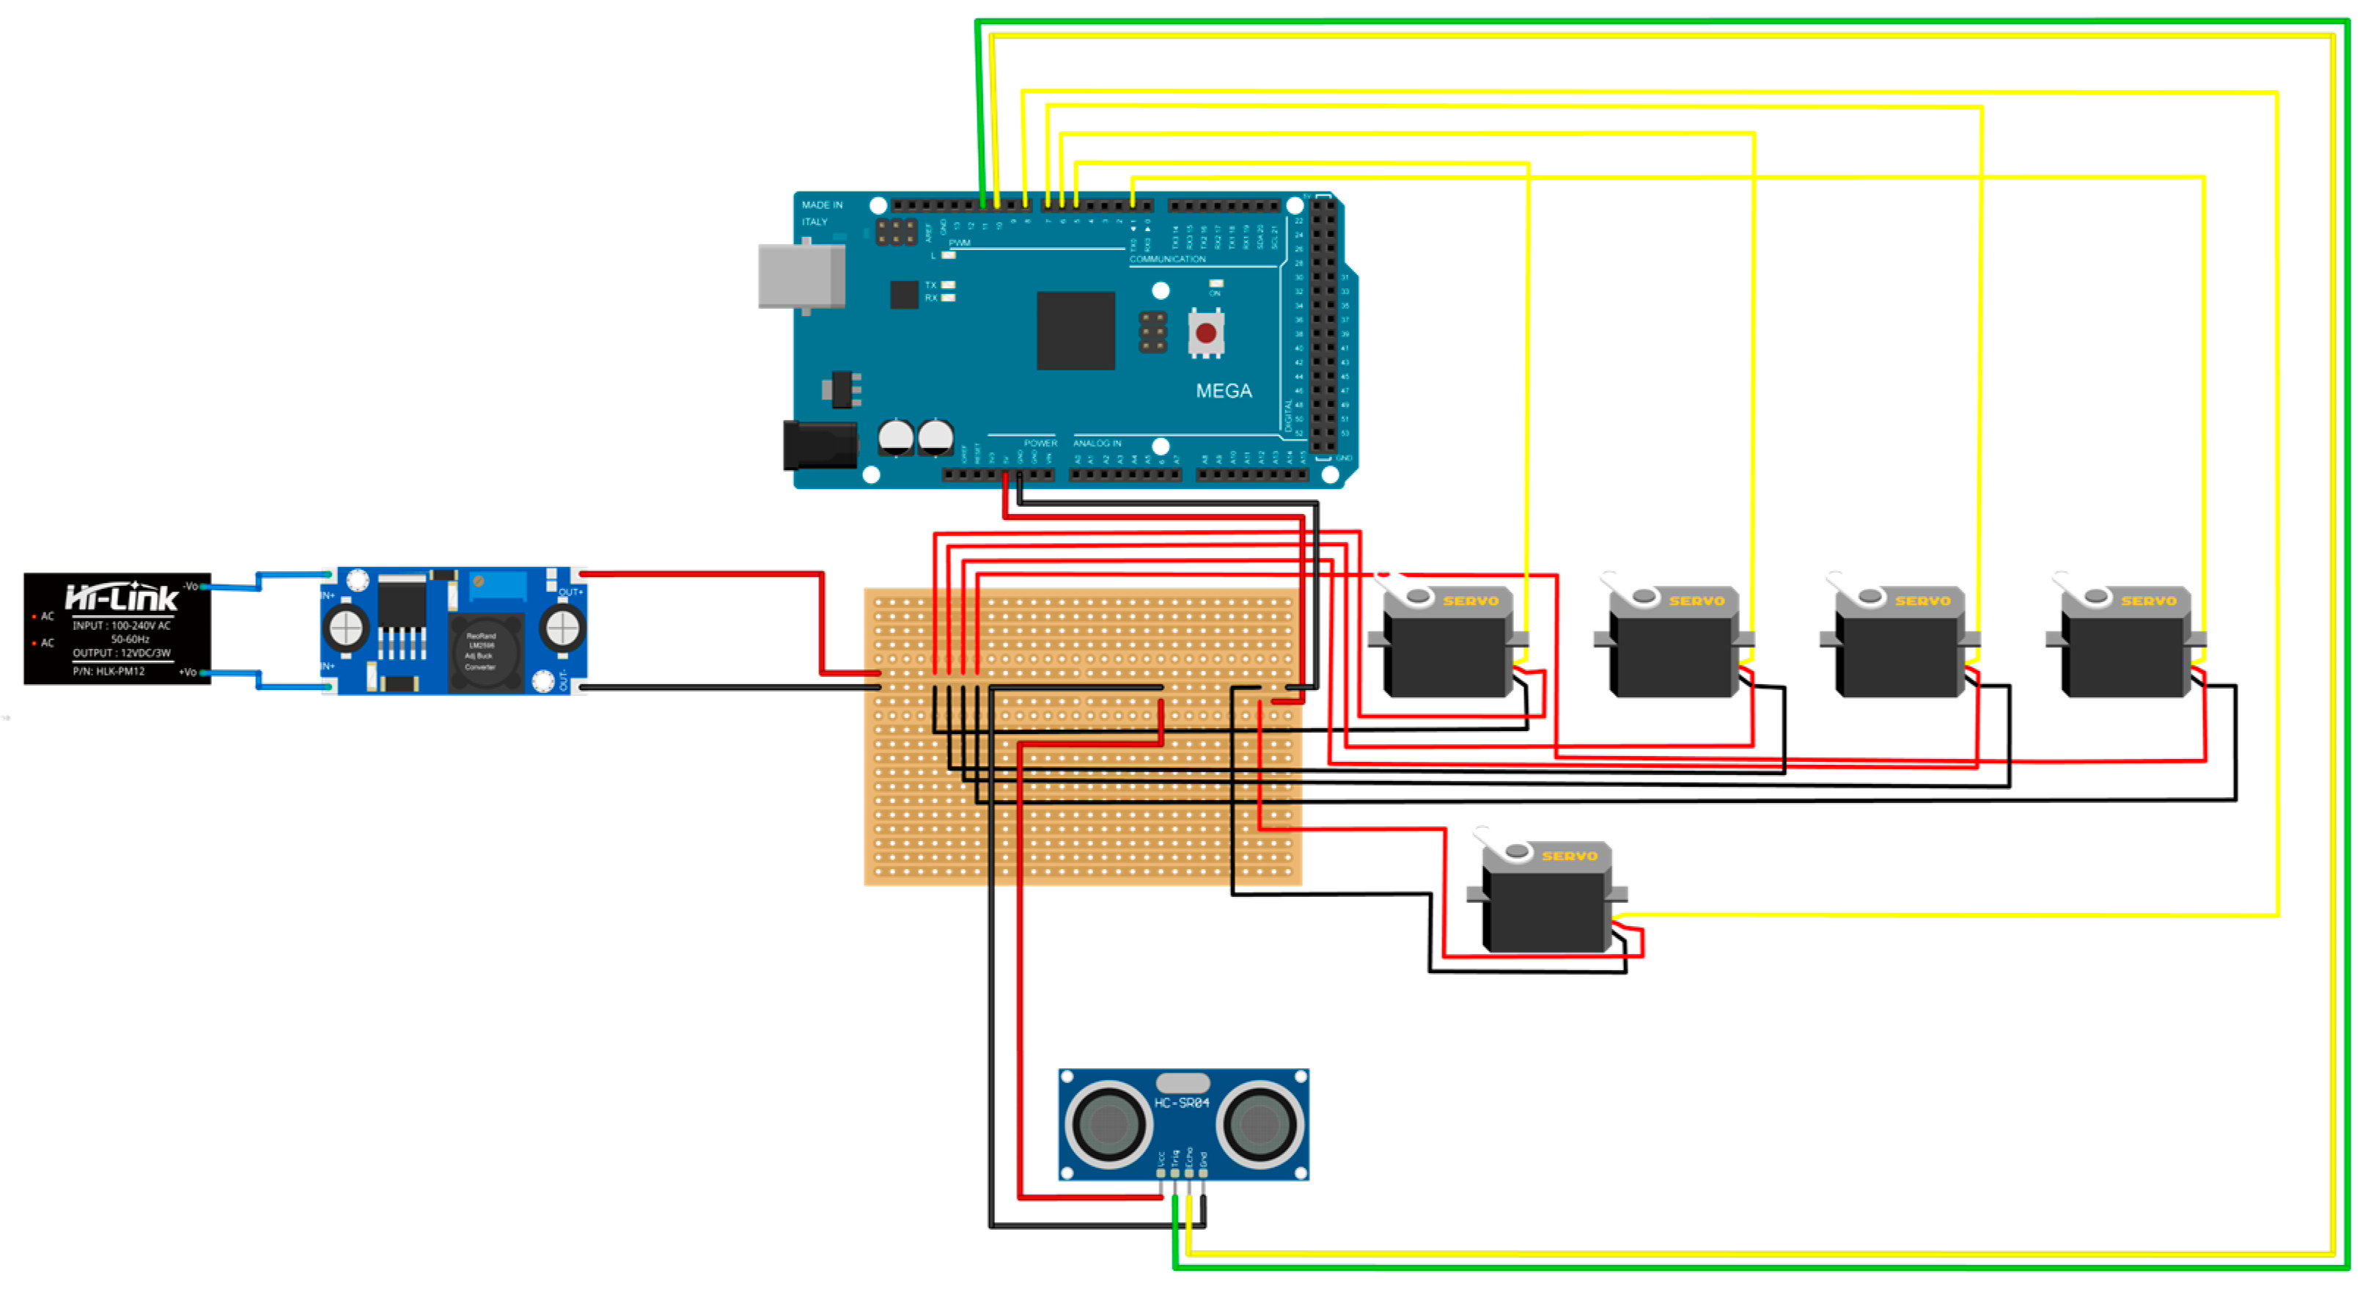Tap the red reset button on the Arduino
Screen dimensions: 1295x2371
(x=1206, y=333)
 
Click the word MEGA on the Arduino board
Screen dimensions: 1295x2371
(x=1223, y=391)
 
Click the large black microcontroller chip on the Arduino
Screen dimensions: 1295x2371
(x=1075, y=331)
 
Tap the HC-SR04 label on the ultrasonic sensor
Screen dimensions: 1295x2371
(x=1182, y=1103)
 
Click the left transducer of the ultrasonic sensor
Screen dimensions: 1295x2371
(x=1109, y=1124)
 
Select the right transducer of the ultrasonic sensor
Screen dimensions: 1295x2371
(x=1259, y=1124)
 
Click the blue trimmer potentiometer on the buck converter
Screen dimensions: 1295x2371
(x=497, y=584)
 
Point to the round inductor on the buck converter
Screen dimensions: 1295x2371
(x=482, y=650)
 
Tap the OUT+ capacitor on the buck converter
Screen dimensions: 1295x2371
(x=562, y=628)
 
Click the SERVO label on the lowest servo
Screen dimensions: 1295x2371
(x=1570, y=856)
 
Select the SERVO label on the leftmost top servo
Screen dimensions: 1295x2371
(x=1470, y=601)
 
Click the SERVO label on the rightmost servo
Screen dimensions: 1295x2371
(x=2148, y=601)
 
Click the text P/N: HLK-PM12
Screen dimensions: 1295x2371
(x=109, y=672)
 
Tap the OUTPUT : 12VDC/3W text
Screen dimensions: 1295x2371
(x=122, y=653)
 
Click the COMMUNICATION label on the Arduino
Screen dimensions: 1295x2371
(x=1167, y=260)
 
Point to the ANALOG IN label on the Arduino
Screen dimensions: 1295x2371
(x=1096, y=444)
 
